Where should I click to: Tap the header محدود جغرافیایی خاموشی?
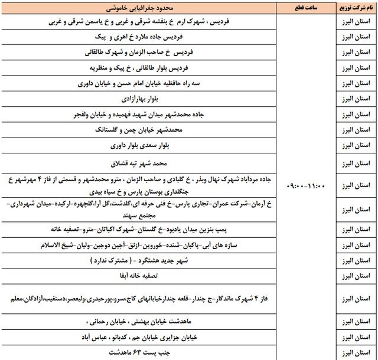[x=140, y=10]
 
